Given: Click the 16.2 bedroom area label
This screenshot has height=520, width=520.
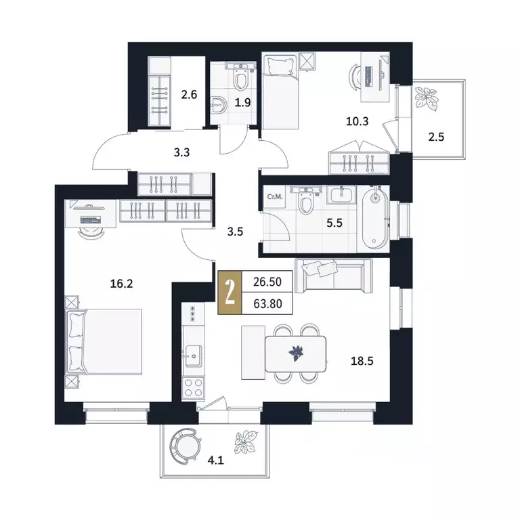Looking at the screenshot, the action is click(x=121, y=284).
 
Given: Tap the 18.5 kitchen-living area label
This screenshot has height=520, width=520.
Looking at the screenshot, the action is click(x=362, y=361).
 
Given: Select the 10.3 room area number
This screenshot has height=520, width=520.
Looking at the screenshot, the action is click(x=357, y=121).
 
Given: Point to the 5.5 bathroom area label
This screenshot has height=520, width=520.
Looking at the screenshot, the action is click(x=334, y=223).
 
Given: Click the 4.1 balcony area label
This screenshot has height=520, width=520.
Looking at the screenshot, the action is click(x=216, y=460).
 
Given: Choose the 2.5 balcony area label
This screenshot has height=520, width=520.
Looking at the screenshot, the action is click(x=436, y=137).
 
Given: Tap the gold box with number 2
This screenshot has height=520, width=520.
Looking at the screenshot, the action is click(x=230, y=292).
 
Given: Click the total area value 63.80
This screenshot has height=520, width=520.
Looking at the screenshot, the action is click(x=267, y=303).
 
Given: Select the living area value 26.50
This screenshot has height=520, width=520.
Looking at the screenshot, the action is click(x=267, y=282).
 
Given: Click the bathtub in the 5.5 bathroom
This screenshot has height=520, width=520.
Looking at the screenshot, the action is click(x=375, y=218).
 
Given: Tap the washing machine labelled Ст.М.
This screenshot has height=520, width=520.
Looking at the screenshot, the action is click(x=275, y=197).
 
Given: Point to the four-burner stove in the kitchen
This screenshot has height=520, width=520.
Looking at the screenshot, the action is click(x=194, y=388).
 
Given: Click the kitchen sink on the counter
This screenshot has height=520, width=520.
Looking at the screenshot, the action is click(x=194, y=356).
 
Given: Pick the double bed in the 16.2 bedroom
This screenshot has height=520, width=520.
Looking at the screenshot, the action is click(x=104, y=342).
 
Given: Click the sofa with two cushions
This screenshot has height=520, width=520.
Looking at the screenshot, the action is click(x=334, y=276).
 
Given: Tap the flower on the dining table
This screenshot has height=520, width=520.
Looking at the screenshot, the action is click(x=296, y=353).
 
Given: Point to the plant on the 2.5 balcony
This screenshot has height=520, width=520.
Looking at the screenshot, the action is click(x=425, y=98).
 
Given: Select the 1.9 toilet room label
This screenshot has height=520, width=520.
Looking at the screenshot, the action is click(x=243, y=103).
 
